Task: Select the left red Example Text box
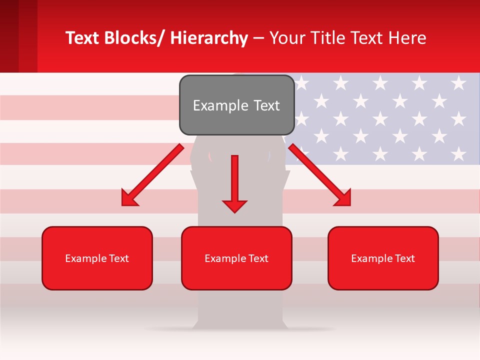tap(97, 258)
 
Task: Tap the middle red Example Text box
tap(236, 258)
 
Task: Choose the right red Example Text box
tap(383, 258)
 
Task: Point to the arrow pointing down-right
tap(319, 175)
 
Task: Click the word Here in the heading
tap(407, 38)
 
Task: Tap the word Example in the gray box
tap(220, 105)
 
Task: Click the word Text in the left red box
tap(118, 258)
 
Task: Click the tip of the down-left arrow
tap(123, 204)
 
